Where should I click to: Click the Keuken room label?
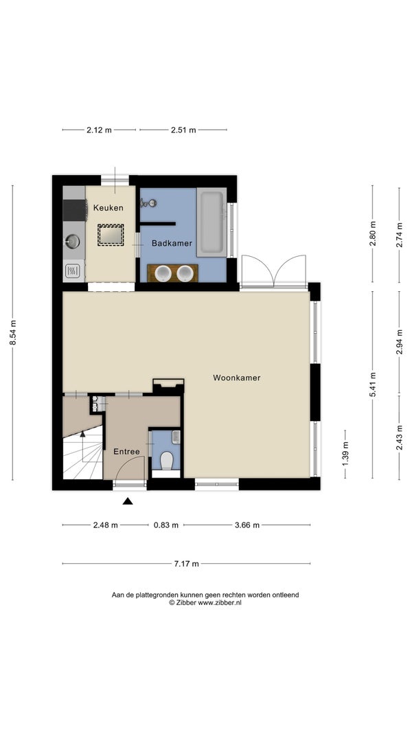[108, 208]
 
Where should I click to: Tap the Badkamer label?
[172, 243]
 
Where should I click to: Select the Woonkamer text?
[237, 378]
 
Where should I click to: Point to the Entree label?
[126, 451]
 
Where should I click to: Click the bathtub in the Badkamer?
[211, 222]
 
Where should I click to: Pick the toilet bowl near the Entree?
[167, 460]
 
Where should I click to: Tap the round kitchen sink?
[72, 241]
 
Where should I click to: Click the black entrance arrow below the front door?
[128, 501]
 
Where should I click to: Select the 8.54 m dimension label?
[12, 332]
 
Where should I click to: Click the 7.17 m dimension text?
[186, 564]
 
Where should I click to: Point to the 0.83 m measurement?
[166, 525]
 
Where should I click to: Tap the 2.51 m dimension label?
[183, 130]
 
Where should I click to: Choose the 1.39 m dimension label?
[345, 454]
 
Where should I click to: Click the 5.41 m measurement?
[372, 385]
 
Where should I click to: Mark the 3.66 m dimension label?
[247, 525]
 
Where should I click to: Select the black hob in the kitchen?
[75, 210]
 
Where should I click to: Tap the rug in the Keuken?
[111, 235]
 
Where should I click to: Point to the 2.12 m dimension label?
[99, 130]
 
